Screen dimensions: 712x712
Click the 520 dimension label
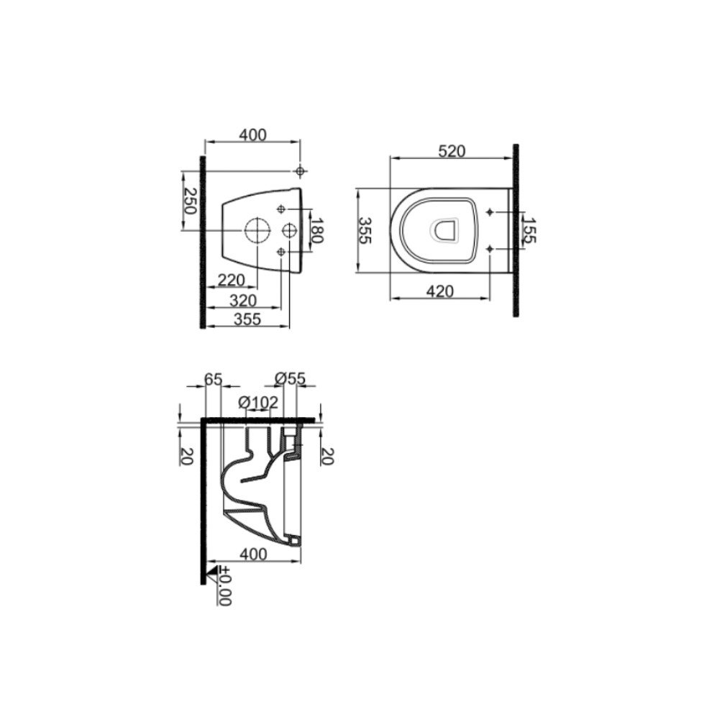click(x=452, y=151)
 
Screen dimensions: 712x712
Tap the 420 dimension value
click(x=440, y=291)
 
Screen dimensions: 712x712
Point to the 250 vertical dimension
click(x=190, y=201)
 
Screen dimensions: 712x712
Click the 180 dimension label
click(x=317, y=231)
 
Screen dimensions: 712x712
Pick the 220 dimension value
click(x=231, y=280)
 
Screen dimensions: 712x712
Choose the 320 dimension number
click(x=243, y=301)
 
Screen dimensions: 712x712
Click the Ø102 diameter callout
click(x=258, y=402)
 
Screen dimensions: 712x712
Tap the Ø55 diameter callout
click(x=291, y=378)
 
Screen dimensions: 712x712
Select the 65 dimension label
click(x=213, y=379)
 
